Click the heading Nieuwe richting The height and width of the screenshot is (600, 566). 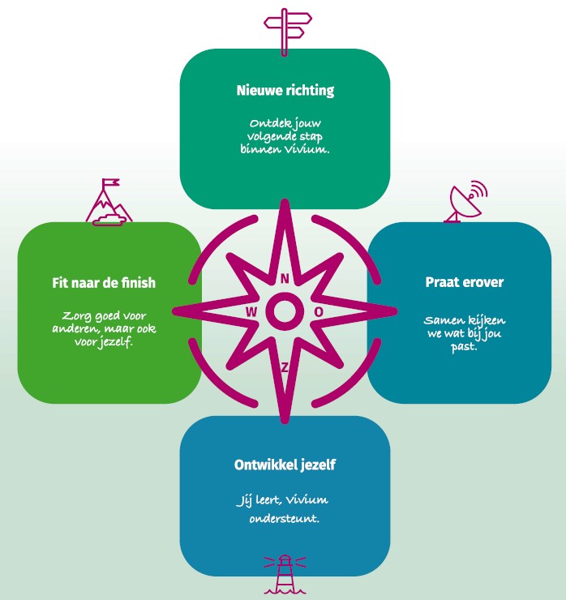coord(285,90)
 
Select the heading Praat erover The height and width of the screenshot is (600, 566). coord(465,282)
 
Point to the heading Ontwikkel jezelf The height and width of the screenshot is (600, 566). coord(284,465)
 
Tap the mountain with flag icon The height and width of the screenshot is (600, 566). coord(108,203)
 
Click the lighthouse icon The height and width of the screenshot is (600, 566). coord(285,573)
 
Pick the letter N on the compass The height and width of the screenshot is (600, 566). coord(285,278)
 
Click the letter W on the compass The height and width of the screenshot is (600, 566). coord(251,311)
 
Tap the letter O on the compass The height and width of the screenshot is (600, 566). coord(319,311)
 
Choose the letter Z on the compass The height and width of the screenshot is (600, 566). coord(285,367)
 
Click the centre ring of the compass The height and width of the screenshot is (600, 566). coord(285,311)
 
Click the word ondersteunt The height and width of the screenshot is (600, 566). coord(284,516)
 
